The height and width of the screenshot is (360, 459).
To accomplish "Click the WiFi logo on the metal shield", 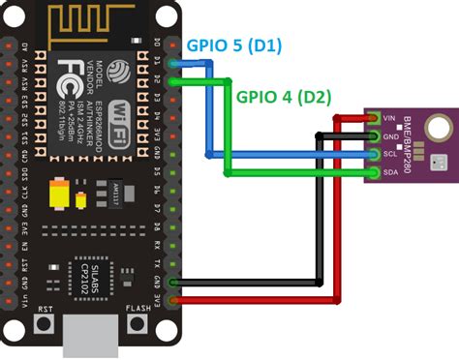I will [123, 109].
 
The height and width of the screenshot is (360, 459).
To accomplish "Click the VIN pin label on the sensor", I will [389, 119].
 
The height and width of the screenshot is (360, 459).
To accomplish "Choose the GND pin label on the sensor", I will [389, 136].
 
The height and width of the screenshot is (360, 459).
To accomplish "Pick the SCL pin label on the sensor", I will [389, 154].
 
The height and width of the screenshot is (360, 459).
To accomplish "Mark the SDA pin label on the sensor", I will [389, 171].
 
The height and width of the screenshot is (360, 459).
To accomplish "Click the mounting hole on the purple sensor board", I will [436, 125].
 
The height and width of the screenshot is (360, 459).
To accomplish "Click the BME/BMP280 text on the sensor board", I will [413, 145].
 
